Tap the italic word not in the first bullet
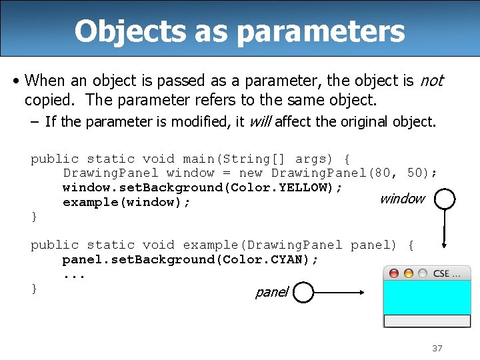pyautogui.click(x=431, y=81)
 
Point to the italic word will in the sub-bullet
pyautogui.click(x=260, y=122)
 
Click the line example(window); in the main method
pyautogui.click(x=127, y=202)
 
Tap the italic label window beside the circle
pyautogui.click(x=401, y=199)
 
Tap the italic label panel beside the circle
pyautogui.click(x=271, y=292)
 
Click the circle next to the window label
pyautogui.click(x=443, y=199)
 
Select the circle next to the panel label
pyautogui.click(x=303, y=292)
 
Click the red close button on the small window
pyautogui.click(x=394, y=273)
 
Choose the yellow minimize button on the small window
pyautogui.click(x=408, y=273)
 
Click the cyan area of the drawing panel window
pyautogui.click(x=427, y=297)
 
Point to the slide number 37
pyautogui.click(x=437, y=348)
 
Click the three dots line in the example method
pyautogui.click(x=74, y=275)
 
